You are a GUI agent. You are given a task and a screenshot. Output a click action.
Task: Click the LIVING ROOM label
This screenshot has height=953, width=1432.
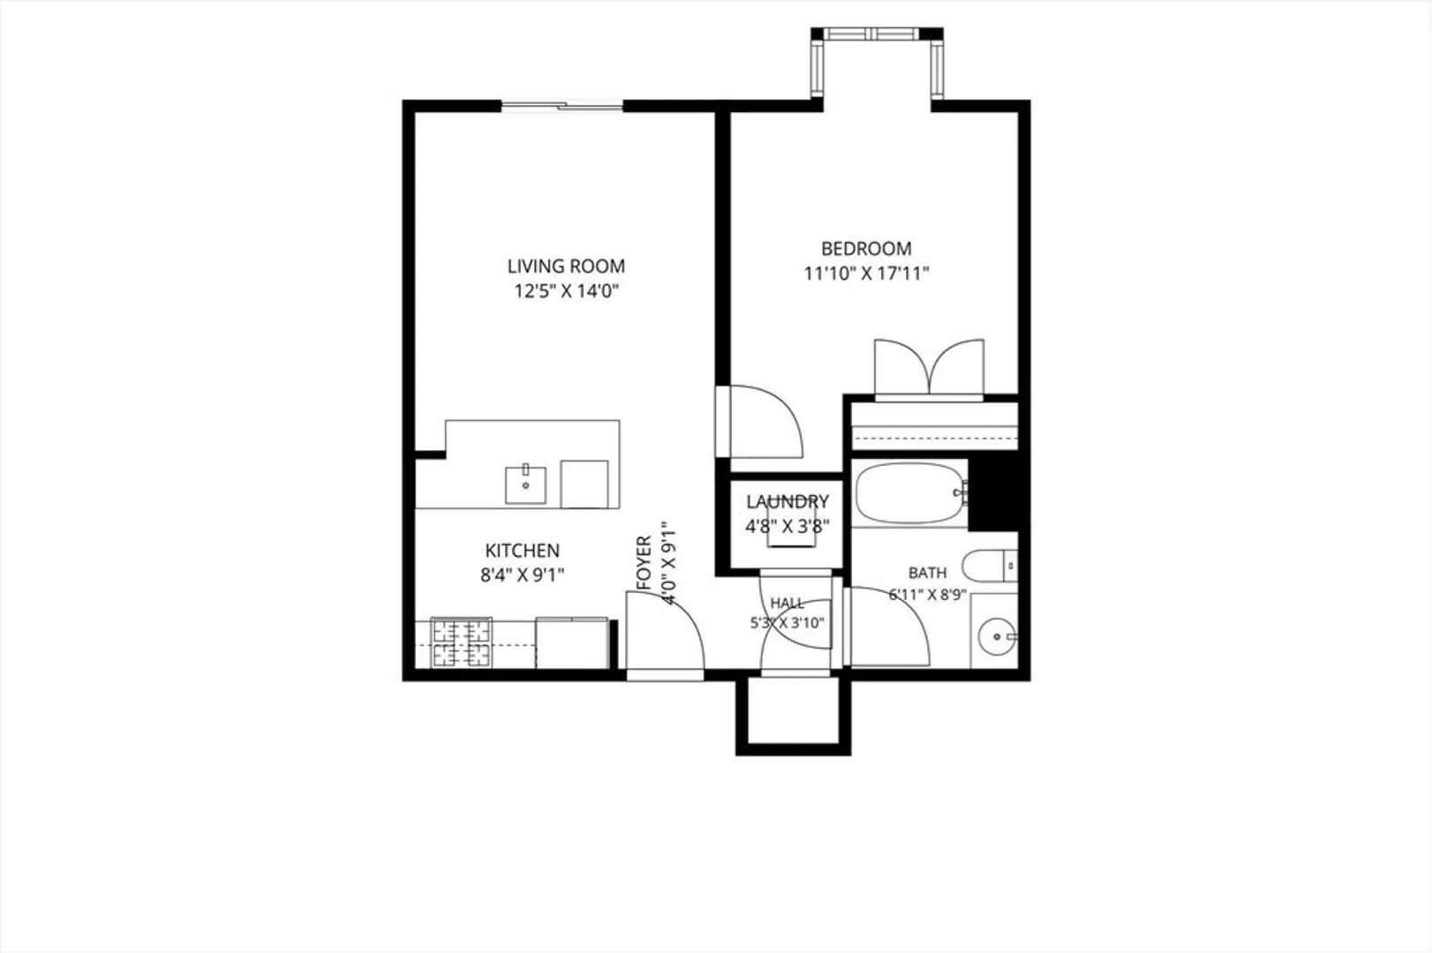(566, 266)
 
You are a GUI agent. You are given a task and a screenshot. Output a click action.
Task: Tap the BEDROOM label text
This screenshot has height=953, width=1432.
(866, 248)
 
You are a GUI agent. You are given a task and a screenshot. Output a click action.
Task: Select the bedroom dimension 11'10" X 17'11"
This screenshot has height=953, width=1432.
(866, 274)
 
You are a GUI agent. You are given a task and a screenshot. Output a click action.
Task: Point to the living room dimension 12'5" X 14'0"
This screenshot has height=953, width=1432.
(567, 291)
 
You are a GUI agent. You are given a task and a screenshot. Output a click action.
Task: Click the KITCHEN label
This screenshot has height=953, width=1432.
(523, 551)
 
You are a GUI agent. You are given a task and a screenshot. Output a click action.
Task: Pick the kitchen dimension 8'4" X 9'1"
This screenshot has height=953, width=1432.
(523, 575)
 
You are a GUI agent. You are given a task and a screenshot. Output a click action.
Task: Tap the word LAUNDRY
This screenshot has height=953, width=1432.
(788, 501)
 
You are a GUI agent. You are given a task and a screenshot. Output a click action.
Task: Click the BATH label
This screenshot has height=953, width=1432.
(928, 573)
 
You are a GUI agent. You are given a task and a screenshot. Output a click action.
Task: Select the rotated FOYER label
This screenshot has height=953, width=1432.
(644, 562)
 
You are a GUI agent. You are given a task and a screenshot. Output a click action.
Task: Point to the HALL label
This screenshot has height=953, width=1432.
(787, 603)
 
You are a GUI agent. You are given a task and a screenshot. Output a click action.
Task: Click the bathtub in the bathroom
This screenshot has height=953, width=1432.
(910, 492)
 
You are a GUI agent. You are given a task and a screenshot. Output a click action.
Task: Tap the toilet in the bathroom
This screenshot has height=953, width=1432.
(990, 566)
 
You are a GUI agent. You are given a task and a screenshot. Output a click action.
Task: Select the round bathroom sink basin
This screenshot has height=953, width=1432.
(998, 636)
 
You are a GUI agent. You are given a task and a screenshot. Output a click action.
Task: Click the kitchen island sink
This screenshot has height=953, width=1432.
(525, 485)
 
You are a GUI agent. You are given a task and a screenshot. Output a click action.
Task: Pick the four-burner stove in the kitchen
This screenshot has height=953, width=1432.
(461, 642)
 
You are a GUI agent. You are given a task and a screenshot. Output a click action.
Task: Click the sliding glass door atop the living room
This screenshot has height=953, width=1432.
(561, 106)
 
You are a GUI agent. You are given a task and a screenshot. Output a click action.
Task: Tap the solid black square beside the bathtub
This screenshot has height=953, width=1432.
(993, 494)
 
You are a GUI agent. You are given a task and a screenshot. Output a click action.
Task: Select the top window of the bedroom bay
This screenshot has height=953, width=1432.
(876, 34)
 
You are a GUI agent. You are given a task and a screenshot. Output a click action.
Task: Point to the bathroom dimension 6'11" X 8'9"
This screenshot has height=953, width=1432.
(928, 595)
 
